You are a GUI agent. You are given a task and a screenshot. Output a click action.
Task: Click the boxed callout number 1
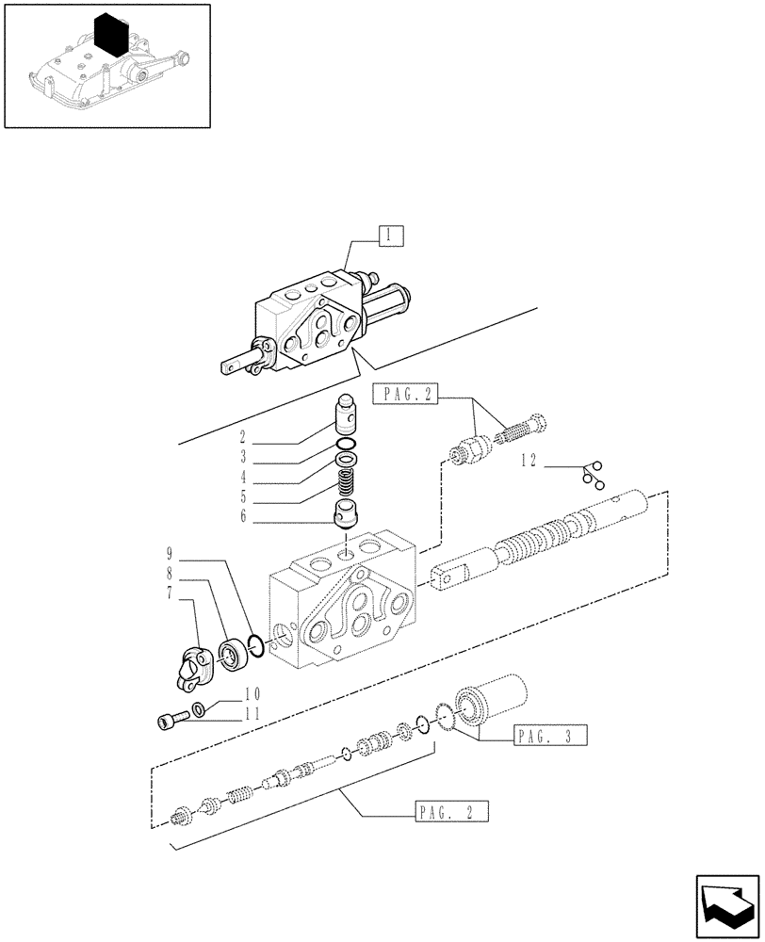(391, 235)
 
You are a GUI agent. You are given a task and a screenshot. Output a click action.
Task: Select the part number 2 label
(242, 437)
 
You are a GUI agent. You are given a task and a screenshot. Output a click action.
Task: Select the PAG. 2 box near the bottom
(450, 810)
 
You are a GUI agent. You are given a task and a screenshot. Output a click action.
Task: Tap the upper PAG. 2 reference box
(406, 395)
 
